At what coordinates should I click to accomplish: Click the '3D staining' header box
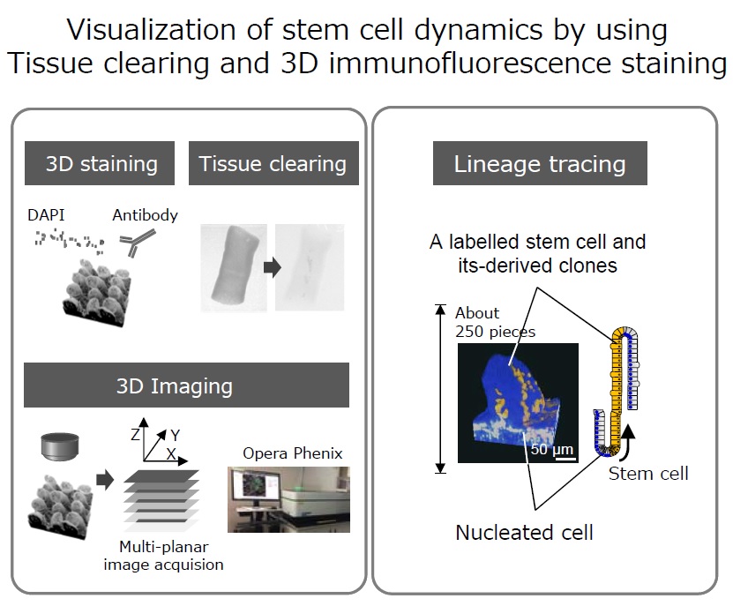[100, 163]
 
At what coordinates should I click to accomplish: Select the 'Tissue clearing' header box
[273, 163]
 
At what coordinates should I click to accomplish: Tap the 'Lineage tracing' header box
[540, 163]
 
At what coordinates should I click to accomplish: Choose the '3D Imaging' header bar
[186, 385]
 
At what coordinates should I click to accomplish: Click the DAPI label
[46, 215]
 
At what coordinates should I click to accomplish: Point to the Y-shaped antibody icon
[137, 243]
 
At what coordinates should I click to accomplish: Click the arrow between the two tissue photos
[273, 267]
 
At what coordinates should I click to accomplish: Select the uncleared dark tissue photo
[234, 268]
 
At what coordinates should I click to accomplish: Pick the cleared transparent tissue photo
[310, 267]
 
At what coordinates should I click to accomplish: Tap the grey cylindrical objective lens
[60, 446]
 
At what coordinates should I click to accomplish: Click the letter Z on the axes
[135, 435]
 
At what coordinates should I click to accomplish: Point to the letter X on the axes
[171, 453]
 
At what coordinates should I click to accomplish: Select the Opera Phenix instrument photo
[288, 499]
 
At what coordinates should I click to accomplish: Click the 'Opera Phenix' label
[293, 453]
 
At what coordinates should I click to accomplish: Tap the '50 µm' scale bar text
[551, 449]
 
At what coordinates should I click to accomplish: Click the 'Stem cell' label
[648, 474]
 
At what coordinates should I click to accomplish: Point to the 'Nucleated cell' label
[524, 533]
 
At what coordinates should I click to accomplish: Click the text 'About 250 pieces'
[495, 322]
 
